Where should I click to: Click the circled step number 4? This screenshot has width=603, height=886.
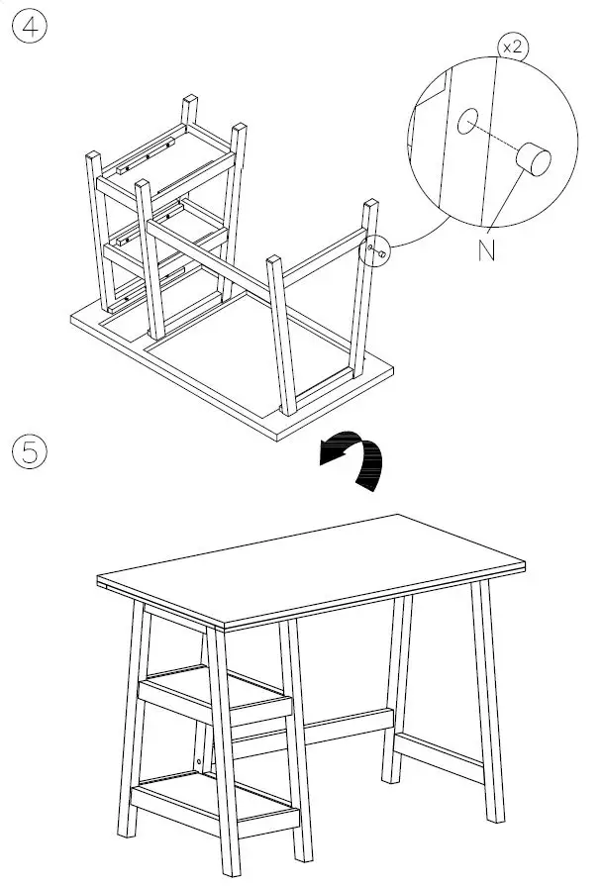[x=29, y=27]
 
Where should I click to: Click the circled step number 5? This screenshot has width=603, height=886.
[x=29, y=452]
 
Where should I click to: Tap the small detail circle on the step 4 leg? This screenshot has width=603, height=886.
[x=379, y=251]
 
